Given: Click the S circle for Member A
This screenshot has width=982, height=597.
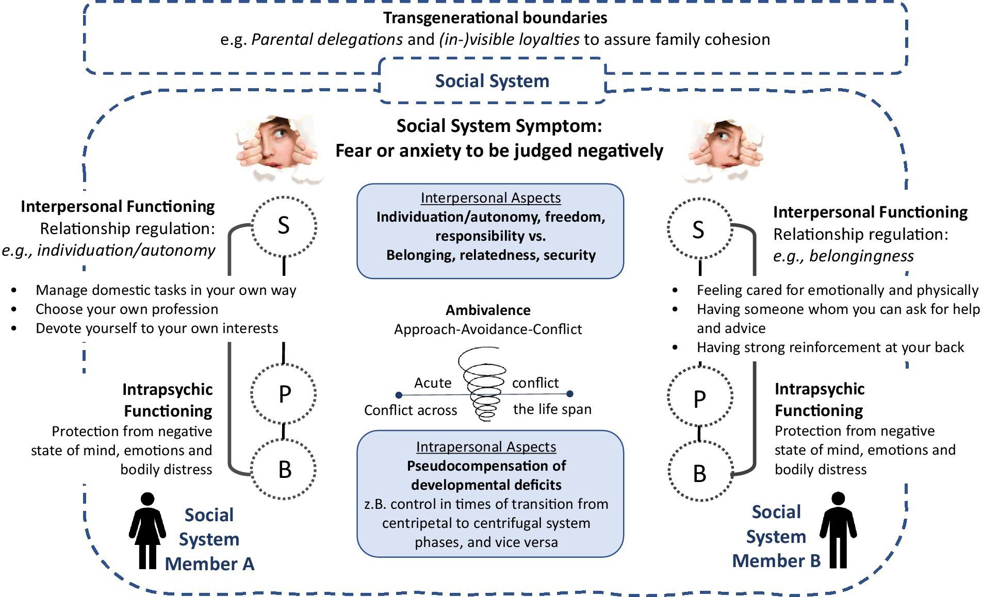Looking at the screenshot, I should tap(283, 226).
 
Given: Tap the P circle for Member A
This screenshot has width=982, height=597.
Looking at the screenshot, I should tap(284, 394).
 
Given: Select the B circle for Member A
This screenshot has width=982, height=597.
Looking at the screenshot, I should tap(284, 469).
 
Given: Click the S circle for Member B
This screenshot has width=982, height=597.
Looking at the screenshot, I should tap(698, 229).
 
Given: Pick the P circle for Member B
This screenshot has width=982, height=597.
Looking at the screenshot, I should tap(699, 399).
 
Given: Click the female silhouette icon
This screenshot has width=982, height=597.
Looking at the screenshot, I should tap(148, 531).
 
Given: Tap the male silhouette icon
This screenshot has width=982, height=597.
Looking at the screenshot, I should tap(838, 530).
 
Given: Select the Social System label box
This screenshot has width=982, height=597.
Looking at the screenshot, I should tap(492, 81).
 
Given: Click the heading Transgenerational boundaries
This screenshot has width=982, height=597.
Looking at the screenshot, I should tap(495, 18).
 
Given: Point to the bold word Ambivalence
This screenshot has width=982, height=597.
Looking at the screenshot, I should tap(488, 310).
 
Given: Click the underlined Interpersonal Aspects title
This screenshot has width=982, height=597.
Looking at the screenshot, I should tap(490, 197).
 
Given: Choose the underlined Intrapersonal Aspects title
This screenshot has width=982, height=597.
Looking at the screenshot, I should tap(486, 446).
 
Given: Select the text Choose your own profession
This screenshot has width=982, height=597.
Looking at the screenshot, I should tap(127, 309).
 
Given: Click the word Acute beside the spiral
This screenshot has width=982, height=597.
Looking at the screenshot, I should tap(433, 383).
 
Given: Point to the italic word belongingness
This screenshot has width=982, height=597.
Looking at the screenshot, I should tap(861, 256).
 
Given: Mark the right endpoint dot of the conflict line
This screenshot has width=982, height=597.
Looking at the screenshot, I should tap(569, 394).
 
